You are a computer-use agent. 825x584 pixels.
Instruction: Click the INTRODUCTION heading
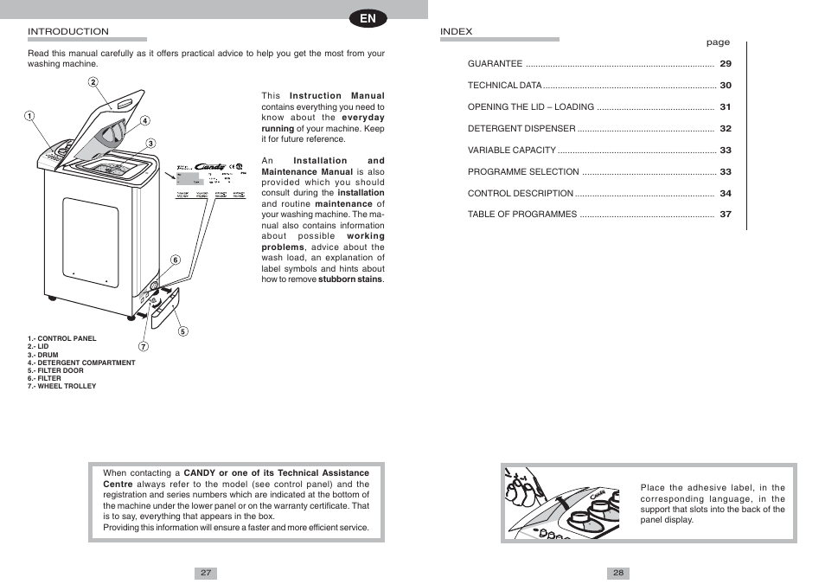point(68,31)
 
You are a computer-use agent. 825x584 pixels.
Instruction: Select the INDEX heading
point(457,31)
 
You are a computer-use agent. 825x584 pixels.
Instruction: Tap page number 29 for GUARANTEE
point(726,64)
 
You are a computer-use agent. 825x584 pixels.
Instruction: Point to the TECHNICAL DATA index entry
point(505,86)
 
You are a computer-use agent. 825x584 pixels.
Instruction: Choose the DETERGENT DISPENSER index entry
point(521,129)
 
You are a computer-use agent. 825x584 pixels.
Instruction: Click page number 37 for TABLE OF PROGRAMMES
point(726,215)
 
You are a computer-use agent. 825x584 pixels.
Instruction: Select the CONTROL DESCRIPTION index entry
point(521,194)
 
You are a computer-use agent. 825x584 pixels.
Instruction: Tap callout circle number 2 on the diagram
point(93,82)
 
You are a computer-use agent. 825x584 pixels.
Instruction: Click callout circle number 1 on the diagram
point(29,116)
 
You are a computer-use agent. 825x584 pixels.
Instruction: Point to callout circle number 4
point(145,121)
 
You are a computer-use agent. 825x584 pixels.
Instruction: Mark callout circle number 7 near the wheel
point(144,347)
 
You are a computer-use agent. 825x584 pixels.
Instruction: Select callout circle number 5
point(183,331)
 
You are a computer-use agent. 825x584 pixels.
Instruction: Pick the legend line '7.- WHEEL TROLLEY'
point(61,386)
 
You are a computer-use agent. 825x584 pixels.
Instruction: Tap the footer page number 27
point(206,573)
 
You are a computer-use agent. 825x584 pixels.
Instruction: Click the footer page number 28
point(618,573)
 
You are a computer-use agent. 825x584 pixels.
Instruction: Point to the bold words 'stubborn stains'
point(350,279)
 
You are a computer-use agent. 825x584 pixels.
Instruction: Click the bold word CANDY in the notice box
point(199,473)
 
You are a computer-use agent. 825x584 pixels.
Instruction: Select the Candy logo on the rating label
point(210,167)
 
